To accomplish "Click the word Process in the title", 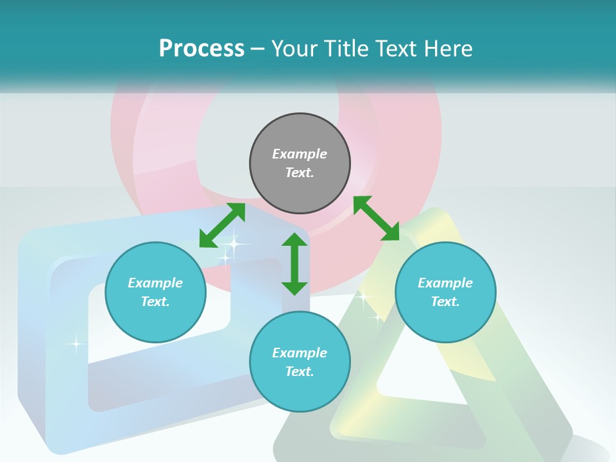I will click(201, 49).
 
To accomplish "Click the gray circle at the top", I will click(300, 135).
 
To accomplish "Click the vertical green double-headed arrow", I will click(295, 264).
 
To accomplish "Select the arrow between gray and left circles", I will click(222, 225).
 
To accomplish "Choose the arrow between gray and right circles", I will click(376, 218).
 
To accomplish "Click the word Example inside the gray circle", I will click(300, 154).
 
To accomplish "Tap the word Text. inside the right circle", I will click(445, 302).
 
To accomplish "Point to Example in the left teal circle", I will click(155, 283).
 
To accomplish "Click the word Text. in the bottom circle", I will click(300, 372).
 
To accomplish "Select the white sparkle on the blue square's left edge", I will click(76, 344).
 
